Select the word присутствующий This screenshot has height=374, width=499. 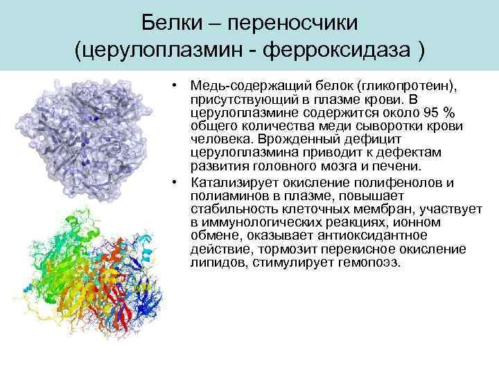[x=242, y=99]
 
